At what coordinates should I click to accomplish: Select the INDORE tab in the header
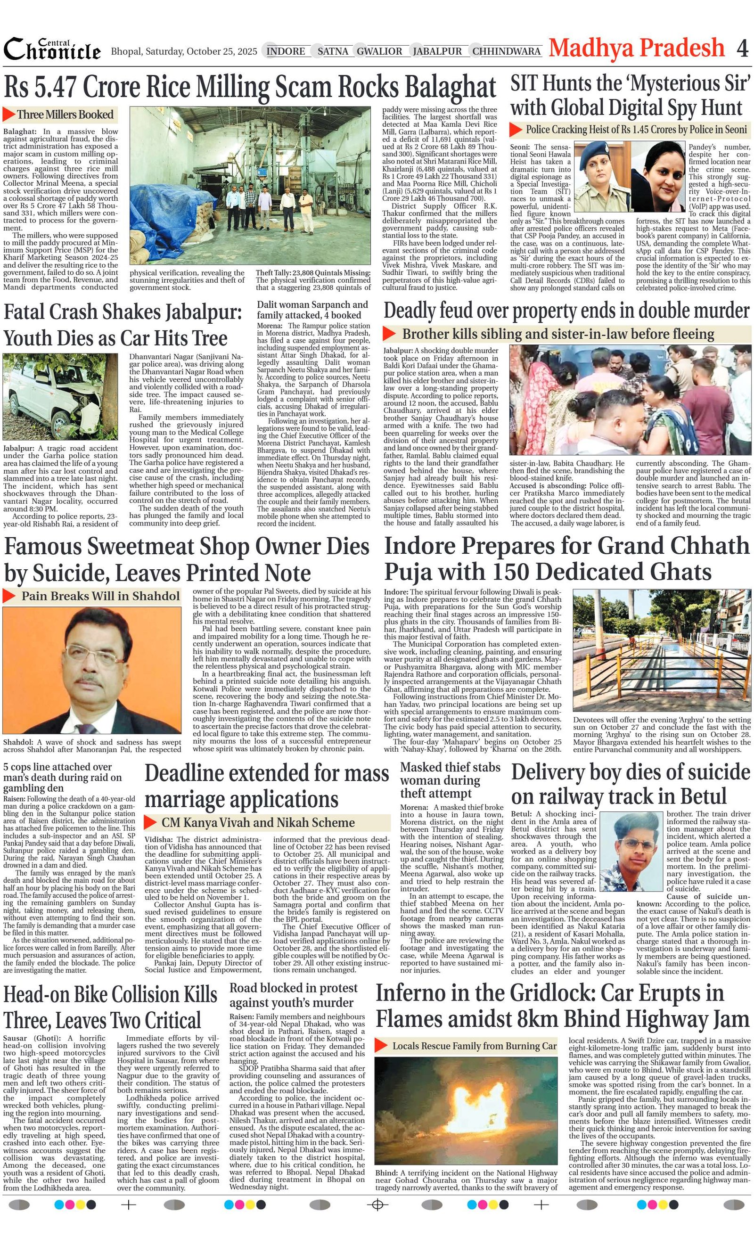click(286, 51)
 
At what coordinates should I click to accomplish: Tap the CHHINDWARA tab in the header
click(506, 51)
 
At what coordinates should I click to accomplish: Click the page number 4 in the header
click(742, 49)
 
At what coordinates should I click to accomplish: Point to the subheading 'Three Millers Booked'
click(65, 115)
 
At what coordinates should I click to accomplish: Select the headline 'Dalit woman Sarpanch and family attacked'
click(312, 310)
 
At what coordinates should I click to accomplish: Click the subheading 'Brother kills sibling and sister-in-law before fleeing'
click(557, 334)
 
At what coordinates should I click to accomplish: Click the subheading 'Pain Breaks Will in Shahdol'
click(100, 596)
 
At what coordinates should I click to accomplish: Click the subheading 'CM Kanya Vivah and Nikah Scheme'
click(258, 823)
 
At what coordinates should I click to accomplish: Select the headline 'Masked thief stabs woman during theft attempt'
click(450, 780)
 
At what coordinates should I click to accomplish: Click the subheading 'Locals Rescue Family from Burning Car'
click(474, 1046)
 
